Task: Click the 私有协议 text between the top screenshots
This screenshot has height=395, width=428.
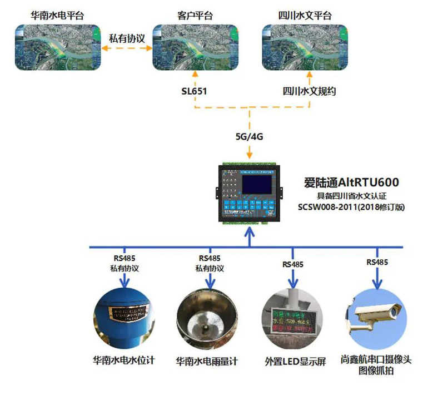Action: click(x=127, y=38)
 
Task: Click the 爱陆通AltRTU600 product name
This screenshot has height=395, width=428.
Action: click(x=351, y=182)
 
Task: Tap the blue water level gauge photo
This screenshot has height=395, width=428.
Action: click(x=123, y=319)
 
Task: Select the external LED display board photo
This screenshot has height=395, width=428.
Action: click(x=292, y=319)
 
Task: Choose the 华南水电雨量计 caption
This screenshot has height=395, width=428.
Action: click(x=207, y=361)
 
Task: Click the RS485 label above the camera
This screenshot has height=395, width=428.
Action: click(x=377, y=262)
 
